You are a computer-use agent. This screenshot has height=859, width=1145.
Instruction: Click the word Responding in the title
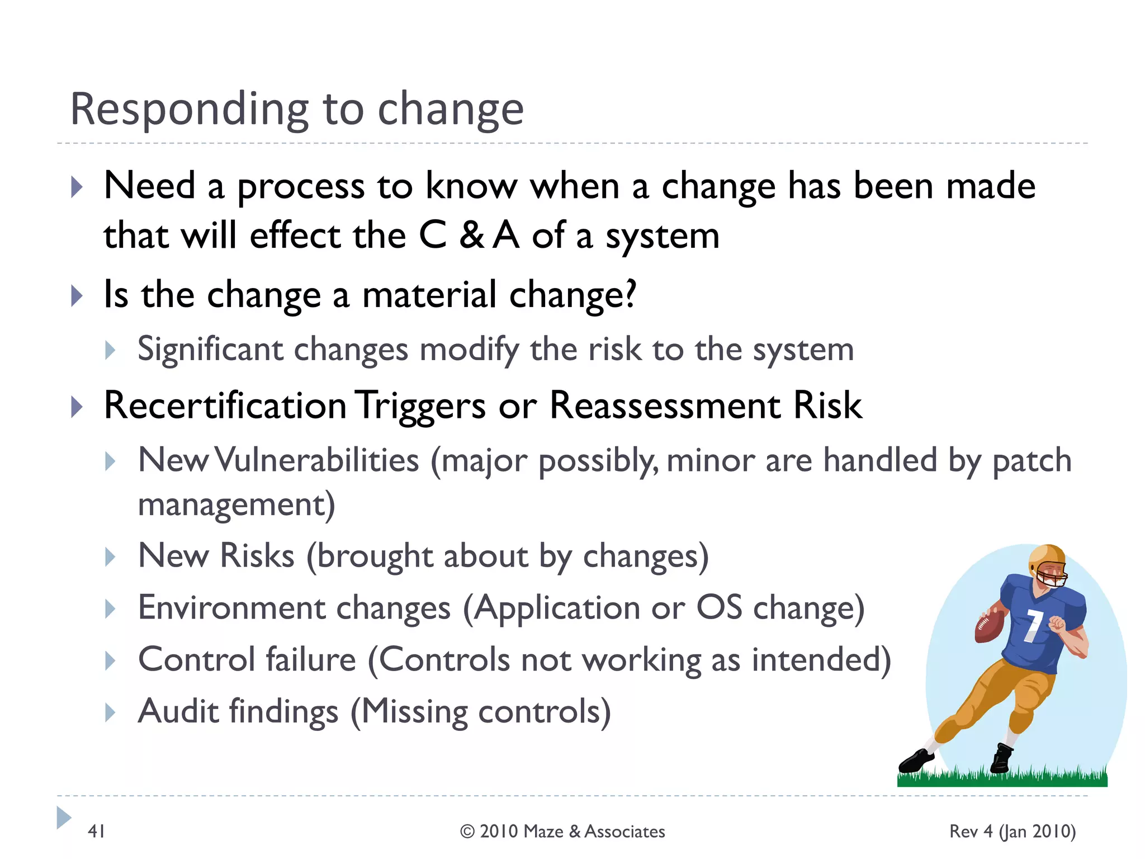point(189,110)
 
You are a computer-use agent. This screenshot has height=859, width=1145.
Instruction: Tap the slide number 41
point(97,832)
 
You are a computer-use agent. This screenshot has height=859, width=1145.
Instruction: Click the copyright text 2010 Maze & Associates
point(562,832)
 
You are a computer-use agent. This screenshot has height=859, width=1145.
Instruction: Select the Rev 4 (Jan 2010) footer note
point(1012,832)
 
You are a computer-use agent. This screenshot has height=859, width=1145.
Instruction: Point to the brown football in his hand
point(990,627)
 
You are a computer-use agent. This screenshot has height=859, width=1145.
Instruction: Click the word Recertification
point(225,405)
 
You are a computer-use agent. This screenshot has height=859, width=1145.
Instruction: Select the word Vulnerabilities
point(317,461)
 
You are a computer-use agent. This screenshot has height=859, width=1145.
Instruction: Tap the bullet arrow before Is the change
point(77,296)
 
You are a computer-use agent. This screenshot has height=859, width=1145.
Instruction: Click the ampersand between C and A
point(471,236)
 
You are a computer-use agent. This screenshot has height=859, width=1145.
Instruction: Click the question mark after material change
point(630,294)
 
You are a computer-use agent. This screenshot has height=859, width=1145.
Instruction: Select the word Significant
point(210,350)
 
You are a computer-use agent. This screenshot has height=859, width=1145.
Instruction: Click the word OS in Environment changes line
point(719,608)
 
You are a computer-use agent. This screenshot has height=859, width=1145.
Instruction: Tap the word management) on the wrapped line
point(236,504)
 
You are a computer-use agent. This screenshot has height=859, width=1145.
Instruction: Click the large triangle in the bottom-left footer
point(64,818)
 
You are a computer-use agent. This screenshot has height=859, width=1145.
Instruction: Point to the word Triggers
point(422,405)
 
